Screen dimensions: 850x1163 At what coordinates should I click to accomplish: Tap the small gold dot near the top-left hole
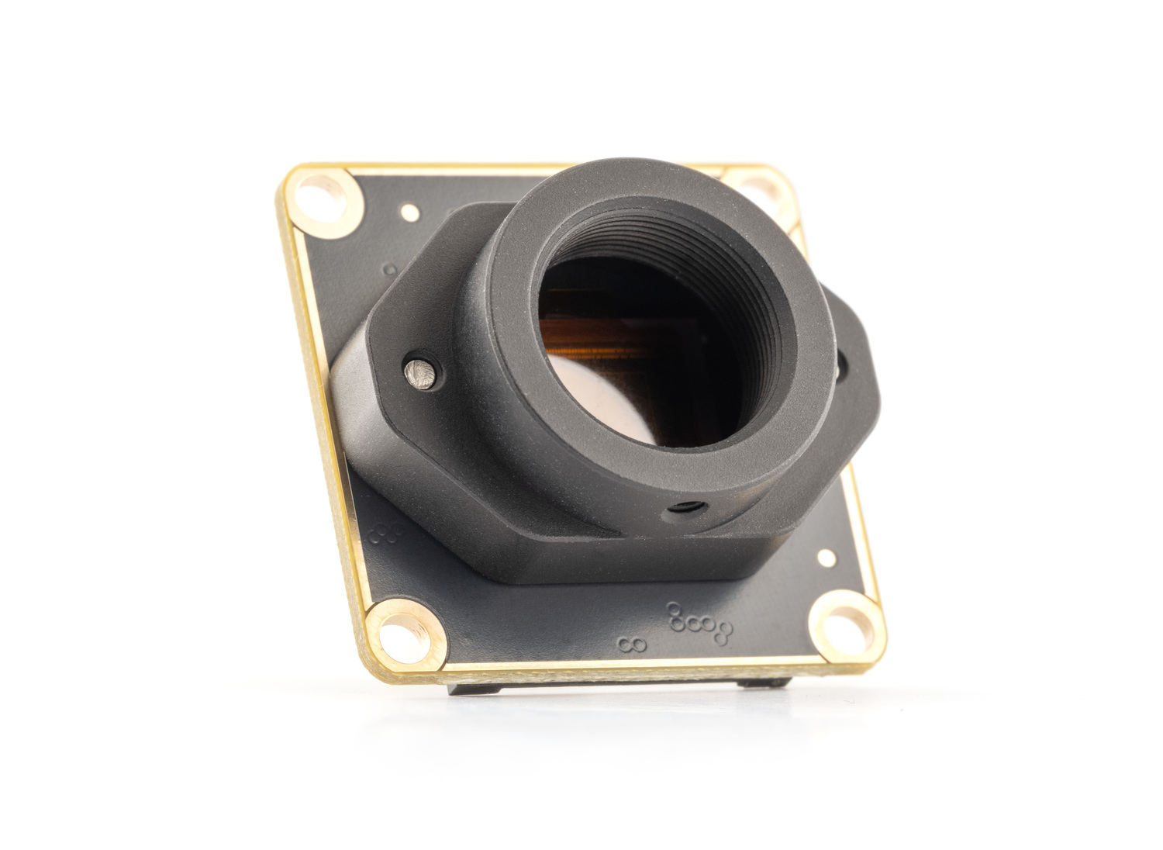(409, 210)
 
